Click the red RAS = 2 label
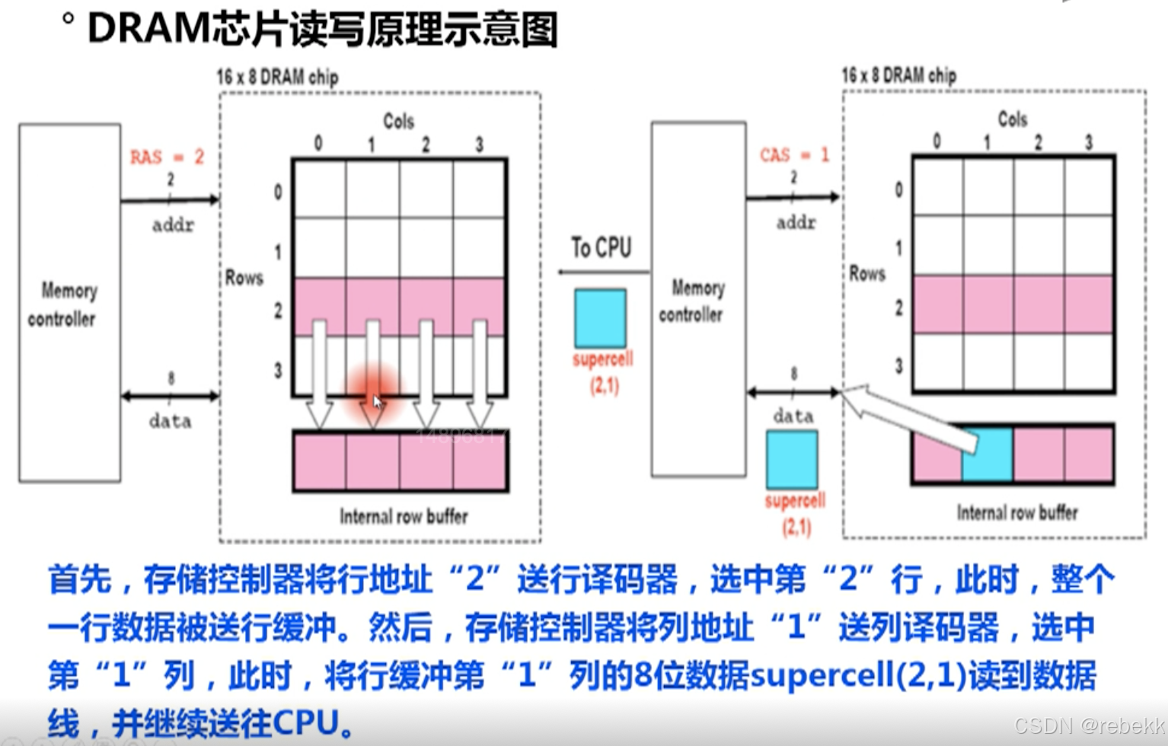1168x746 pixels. coord(167,158)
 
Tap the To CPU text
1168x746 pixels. coord(601,247)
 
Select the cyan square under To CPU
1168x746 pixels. coord(600,318)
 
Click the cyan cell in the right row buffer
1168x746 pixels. coord(988,454)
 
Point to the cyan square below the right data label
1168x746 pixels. coord(792,460)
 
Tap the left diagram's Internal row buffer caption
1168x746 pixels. coord(404,517)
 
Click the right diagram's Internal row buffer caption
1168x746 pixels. coord(1017,513)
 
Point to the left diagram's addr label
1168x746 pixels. coord(173,225)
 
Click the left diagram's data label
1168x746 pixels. coord(170,422)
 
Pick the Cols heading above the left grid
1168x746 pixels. coord(398,121)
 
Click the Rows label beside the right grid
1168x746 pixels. coord(867,273)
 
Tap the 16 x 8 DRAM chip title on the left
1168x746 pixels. coord(277,77)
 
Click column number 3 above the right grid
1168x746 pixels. coord(1088,142)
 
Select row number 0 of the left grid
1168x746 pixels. coord(278,192)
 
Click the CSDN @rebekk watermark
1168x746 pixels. coord(1089,725)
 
